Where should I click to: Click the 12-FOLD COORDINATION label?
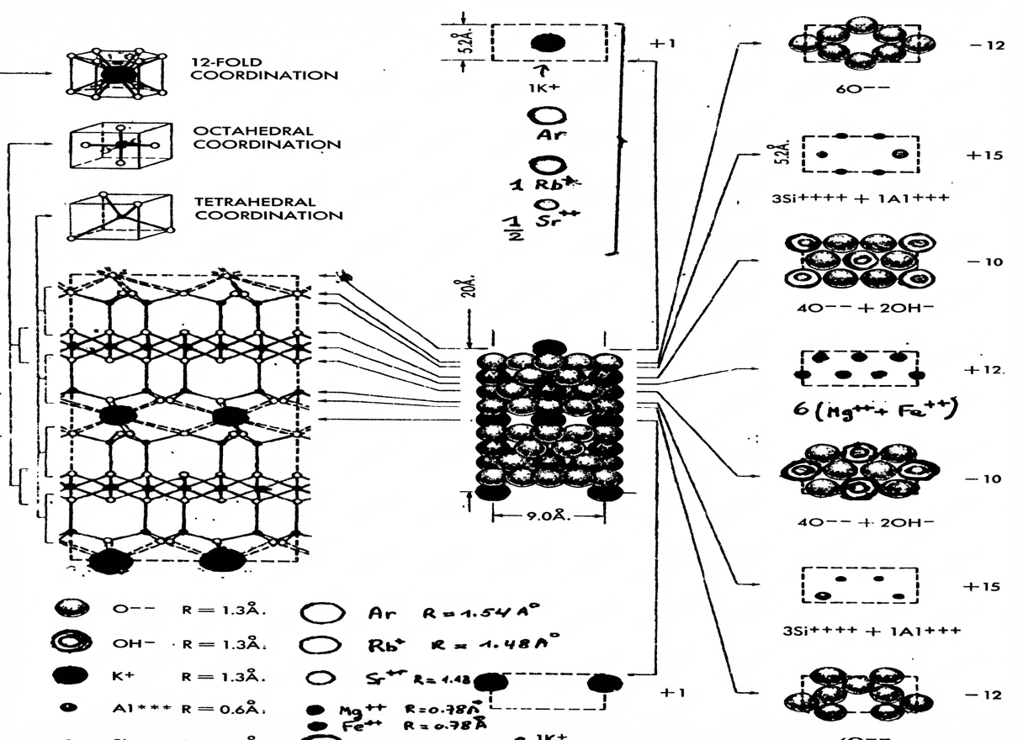(x=264, y=69)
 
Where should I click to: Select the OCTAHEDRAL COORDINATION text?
(x=268, y=138)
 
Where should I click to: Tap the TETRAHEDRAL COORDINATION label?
(x=268, y=209)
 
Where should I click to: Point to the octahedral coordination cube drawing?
(x=121, y=145)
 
